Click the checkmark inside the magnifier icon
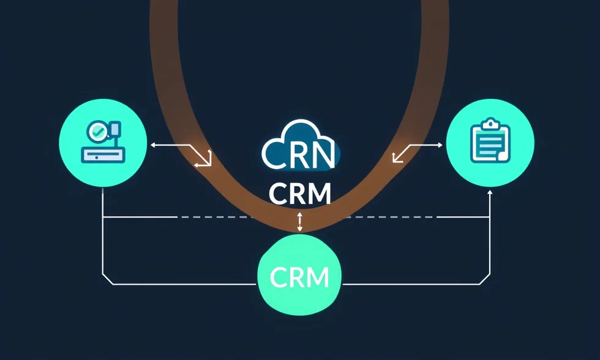97,131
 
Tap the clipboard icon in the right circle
490,142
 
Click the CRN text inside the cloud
299,154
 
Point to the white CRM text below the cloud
300,193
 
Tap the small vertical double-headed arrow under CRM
299,222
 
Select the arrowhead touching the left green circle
152,145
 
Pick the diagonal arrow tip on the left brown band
208,164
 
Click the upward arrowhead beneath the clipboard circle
490,192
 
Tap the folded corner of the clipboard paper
502,157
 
